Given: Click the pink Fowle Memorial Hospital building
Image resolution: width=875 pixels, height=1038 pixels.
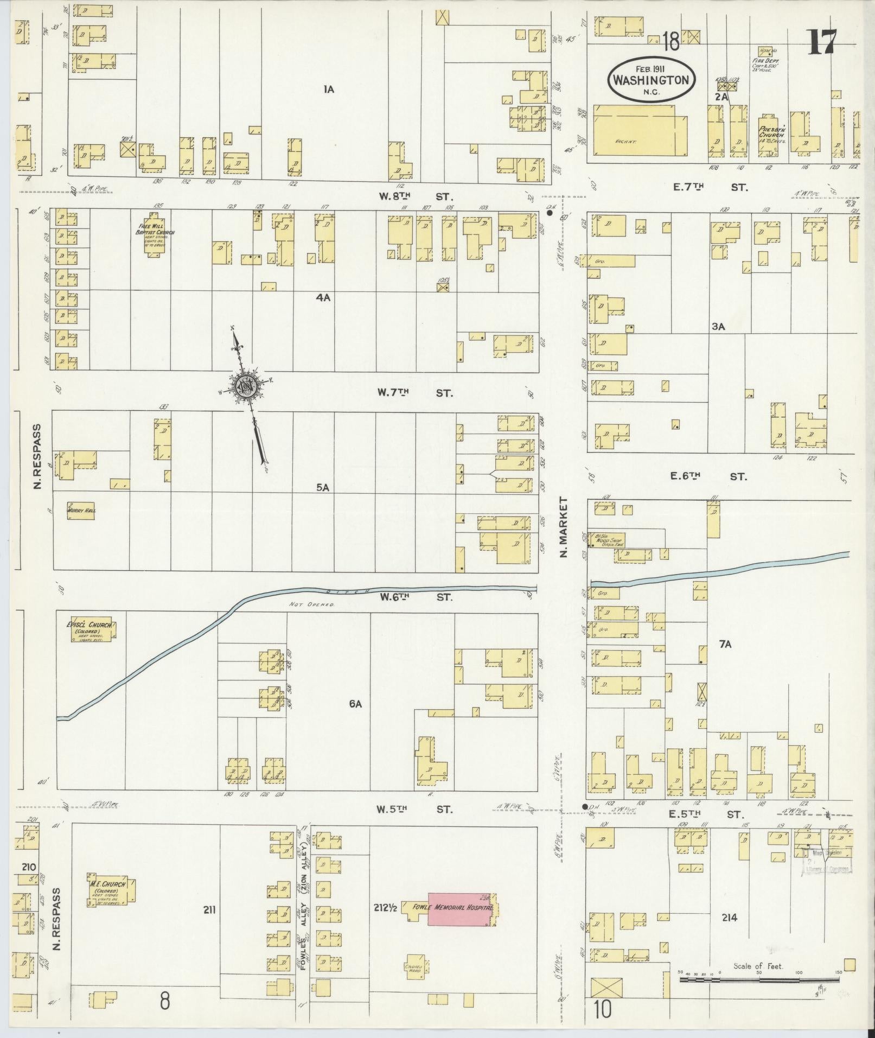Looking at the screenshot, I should (x=461, y=909).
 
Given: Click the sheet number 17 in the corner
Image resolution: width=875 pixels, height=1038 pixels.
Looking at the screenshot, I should (x=822, y=42).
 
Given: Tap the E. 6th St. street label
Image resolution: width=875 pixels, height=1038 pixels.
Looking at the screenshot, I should (x=708, y=476).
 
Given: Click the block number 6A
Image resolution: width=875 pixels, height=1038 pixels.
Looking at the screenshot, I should (x=355, y=704).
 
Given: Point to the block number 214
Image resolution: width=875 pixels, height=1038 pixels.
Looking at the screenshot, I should (x=729, y=918).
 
